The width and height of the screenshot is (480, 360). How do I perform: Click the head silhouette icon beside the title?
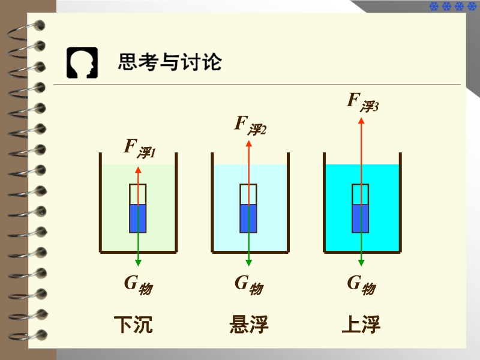82,62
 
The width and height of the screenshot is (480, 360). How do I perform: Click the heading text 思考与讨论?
170,62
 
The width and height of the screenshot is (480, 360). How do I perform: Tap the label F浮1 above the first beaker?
139,148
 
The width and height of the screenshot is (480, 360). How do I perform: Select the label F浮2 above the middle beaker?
250,125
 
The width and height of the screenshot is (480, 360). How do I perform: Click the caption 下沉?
133,325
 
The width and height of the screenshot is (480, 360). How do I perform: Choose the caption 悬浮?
249,325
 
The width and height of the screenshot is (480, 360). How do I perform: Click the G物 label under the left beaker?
138,284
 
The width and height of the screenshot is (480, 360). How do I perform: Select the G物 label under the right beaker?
361,284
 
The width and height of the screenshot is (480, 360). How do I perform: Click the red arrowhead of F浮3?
361,121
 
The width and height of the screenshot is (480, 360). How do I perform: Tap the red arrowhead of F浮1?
138,170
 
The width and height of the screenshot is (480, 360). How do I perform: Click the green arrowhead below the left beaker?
138,262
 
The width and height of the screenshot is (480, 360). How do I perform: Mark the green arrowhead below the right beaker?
361,262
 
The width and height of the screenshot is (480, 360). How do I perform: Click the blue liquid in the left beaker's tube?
138,218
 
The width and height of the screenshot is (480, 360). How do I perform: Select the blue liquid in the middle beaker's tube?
248,218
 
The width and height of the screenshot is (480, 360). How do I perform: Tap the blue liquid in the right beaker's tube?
361,218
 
